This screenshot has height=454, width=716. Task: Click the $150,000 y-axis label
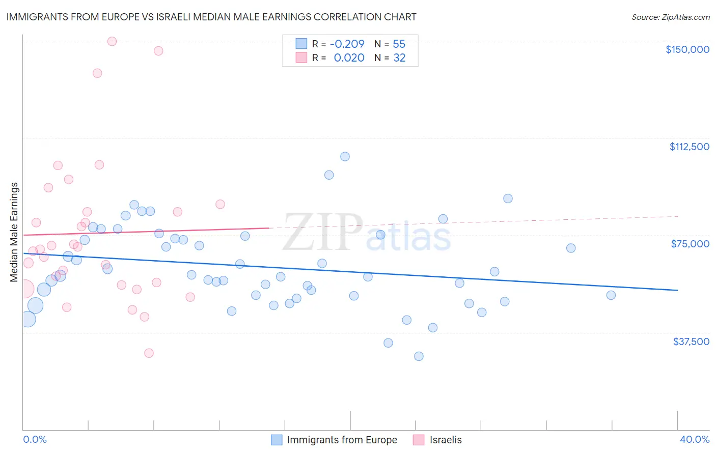[x=687, y=49]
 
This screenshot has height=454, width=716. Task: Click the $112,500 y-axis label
[x=689, y=147]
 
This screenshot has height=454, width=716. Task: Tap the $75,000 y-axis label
[x=690, y=244]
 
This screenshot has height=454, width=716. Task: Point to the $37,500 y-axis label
[x=691, y=342]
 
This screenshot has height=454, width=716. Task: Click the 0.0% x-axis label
[x=35, y=439]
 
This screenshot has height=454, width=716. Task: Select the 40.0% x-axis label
[x=694, y=439]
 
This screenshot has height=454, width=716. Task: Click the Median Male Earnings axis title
[x=14, y=232]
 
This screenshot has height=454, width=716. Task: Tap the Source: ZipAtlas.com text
[x=670, y=17]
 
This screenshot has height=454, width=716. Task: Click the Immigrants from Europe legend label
[x=342, y=440]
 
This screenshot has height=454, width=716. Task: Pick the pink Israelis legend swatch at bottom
[x=419, y=440]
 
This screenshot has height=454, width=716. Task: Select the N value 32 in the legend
[x=399, y=58]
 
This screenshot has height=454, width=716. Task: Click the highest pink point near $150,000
[x=112, y=41]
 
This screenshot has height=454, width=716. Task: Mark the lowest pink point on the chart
[x=149, y=353]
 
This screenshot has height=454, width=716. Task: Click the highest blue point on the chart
[x=345, y=156]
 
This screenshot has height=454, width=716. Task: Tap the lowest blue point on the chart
[x=419, y=356]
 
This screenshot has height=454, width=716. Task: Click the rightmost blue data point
[x=611, y=295]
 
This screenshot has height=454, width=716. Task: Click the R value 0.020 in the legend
[x=349, y=58]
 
